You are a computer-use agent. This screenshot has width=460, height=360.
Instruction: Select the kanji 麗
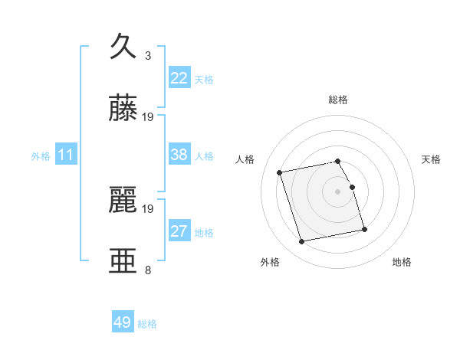[x=123, y=200]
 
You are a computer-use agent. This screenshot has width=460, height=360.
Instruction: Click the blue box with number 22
[x=179, y=78]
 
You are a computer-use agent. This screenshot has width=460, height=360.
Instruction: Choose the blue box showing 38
[x=179, y=155]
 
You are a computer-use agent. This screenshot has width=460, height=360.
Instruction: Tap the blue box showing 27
[x=179, y=231]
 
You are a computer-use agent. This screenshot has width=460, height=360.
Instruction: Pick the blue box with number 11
[x=65, y=155]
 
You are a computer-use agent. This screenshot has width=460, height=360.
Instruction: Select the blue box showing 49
[x=123, y=322]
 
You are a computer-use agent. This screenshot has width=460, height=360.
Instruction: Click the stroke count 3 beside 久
[x=148, y=55]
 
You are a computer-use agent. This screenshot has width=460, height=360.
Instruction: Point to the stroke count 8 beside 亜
[x=148, y=270]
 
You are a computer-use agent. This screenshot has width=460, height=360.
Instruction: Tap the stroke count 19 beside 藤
[x=148, y=116]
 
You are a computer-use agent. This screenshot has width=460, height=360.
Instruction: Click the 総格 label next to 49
[x=147, y=324]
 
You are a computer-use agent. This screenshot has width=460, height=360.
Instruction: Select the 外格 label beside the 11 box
[x=41, y=156]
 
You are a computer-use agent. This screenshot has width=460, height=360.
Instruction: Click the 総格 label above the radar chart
[x=338, y=100]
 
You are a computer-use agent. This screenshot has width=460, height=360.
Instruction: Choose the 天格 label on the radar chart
[x=432, y=159]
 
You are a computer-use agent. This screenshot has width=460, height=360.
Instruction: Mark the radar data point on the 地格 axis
[x=364, y=229]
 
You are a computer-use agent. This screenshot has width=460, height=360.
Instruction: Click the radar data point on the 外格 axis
[x=302, y=241]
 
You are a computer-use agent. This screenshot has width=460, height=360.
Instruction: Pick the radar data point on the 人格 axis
[x=280, y=172]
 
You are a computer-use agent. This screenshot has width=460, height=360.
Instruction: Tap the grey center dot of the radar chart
[x=338, y=191]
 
